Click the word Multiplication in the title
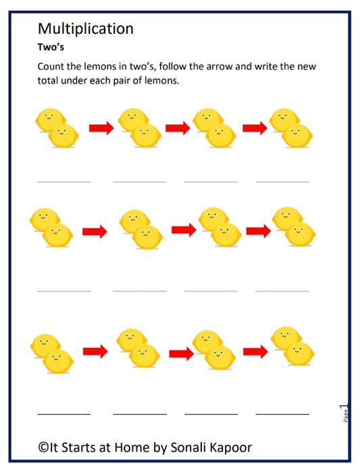(86, 28)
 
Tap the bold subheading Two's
(51, 49)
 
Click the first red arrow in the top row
(101, 127)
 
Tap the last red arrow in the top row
(255, 127)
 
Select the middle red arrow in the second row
(184, 230)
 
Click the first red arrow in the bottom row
(95, 351)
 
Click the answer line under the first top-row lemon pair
(63, 182)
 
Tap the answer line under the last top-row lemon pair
(282, 182)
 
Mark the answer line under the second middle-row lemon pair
(140, 291)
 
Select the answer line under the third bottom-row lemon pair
(211, 413)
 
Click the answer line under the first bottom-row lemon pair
(63, 413)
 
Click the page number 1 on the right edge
(344, 407)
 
